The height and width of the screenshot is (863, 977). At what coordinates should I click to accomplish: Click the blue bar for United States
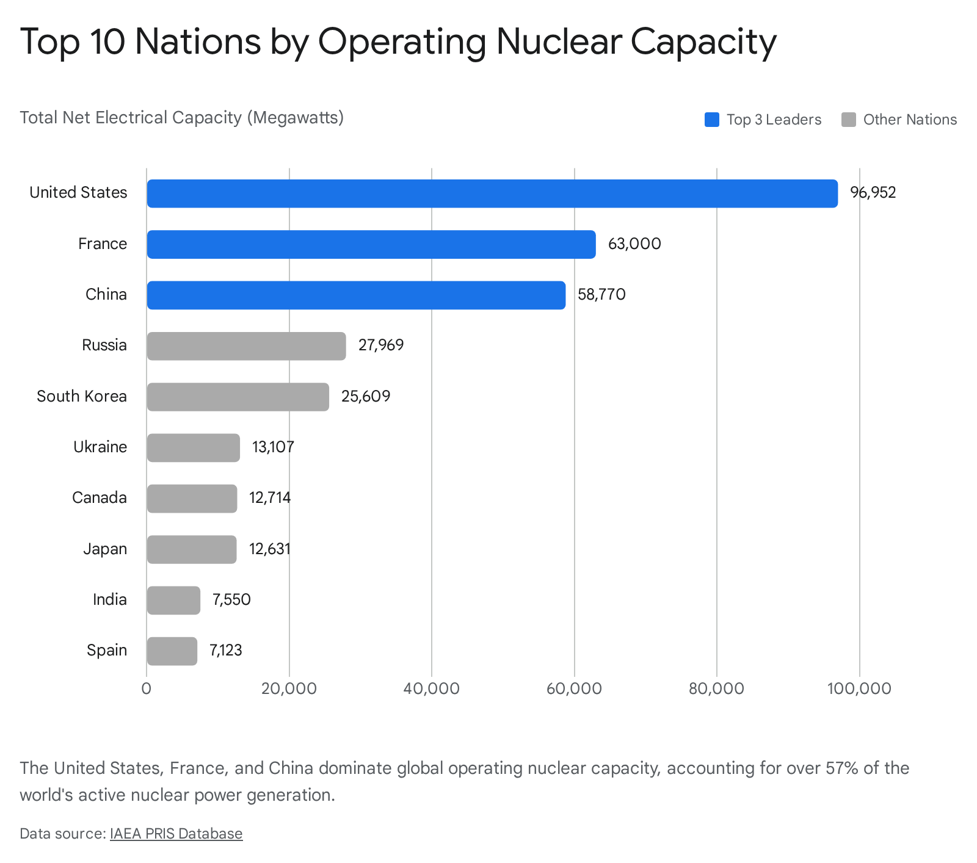point(492,193)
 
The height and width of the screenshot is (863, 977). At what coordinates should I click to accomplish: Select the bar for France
point(371,244)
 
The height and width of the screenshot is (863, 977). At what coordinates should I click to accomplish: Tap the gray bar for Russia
point(246,346)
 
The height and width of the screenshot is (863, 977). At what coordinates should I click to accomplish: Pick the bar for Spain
point(172,651)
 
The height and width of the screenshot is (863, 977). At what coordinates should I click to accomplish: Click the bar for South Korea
point(238,397)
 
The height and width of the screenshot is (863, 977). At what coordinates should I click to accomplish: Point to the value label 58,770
point(601,295)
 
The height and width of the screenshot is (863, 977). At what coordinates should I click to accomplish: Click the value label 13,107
point(273,447)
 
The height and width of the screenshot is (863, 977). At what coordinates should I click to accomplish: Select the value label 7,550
point(231,600)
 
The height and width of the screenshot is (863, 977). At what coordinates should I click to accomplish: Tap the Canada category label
point(100,498)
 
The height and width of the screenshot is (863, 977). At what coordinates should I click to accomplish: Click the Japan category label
point(105,549)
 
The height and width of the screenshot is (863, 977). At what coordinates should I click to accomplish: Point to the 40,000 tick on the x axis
point(431,689)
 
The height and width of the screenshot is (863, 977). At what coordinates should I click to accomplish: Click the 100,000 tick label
point(859,689)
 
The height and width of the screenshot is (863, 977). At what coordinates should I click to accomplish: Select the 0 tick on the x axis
point(147,689)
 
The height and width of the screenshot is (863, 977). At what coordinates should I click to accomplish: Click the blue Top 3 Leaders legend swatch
point(711,120)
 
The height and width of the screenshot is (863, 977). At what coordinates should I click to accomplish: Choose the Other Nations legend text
point(910,120)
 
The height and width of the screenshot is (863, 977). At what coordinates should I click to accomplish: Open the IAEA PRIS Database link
point(176,834)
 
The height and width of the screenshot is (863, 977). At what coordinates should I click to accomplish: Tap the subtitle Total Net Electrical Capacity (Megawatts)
point(181,117)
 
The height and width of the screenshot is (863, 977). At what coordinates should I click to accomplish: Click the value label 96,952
point(873,193)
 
